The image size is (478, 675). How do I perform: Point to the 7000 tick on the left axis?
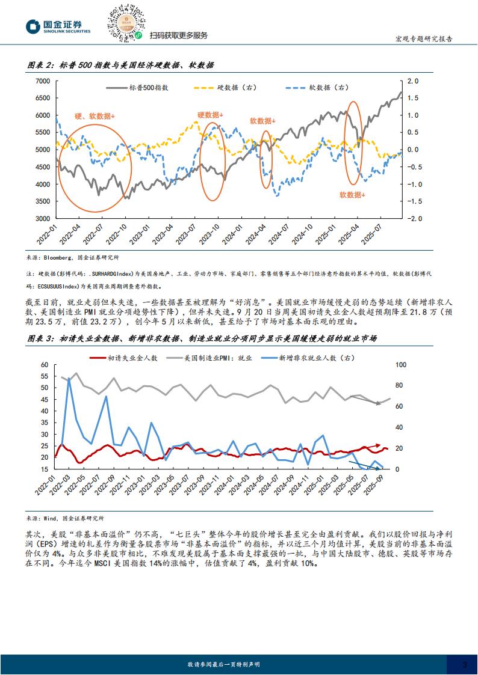pos(43,81)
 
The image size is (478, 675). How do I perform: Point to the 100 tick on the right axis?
pos(401,365)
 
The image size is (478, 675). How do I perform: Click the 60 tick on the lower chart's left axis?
pos(44,365)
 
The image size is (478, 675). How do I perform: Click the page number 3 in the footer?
pos(464,664)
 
